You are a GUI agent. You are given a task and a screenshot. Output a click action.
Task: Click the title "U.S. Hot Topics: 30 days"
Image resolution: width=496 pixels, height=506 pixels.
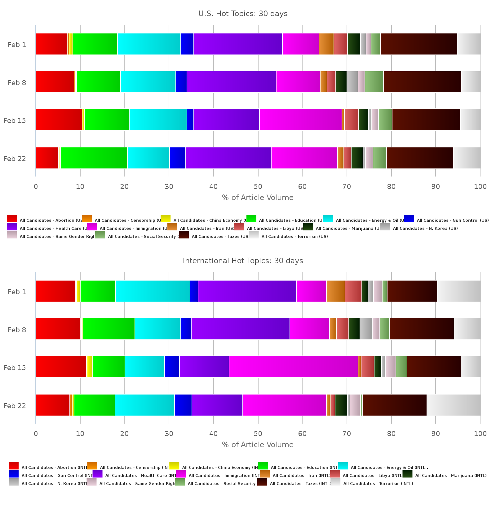click(x=243, y=14)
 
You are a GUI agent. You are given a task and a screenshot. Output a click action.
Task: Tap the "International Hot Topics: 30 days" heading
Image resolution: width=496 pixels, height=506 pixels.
click(x=243, y=261)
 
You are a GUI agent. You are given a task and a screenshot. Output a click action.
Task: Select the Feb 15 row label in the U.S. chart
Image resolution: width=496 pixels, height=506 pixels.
click(x=15, y=120)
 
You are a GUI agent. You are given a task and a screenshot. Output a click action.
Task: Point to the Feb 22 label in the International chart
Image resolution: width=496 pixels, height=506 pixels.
click(x=15, y=406)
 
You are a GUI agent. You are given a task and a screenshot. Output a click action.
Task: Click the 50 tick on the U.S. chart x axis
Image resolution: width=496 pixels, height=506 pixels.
click(x=258, y=186)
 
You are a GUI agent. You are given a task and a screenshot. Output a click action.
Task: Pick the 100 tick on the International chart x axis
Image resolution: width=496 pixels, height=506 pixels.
click(x=480, y=434)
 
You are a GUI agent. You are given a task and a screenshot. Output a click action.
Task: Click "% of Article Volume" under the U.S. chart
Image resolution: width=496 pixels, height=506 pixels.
click(x=258, y=198)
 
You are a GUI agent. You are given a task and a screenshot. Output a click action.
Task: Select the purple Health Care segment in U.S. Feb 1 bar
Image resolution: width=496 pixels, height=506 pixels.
click(x=238, y=44)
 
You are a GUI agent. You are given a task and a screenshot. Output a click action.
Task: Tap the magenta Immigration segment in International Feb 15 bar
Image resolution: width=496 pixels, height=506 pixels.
click(x=293, y=367)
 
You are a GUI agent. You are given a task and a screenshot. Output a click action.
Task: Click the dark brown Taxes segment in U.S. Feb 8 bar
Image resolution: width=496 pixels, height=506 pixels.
click(x=422, y=82)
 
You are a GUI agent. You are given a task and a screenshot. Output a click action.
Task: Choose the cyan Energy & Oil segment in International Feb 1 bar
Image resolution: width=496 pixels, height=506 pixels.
click(x=153, y=291)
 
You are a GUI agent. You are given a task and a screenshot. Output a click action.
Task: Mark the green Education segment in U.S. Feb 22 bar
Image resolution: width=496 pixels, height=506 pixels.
click(x=94, y=158)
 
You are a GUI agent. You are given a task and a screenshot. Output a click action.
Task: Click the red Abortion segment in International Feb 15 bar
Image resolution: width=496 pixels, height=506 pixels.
click(x=61, y=367)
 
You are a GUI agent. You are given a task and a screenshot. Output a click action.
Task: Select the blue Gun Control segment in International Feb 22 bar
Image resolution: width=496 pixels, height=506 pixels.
click(x=183, y=405)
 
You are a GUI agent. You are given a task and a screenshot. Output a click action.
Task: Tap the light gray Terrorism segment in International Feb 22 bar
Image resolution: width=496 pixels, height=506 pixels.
click(x=454, y=405)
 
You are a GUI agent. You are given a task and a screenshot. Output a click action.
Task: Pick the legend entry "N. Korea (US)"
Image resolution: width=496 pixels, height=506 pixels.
click(x=425, y=228)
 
